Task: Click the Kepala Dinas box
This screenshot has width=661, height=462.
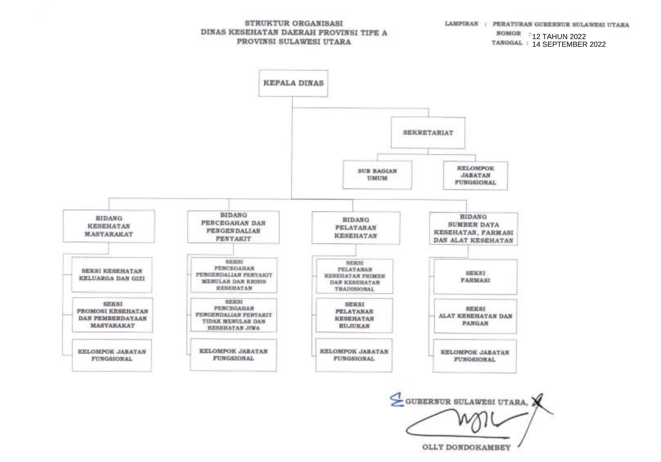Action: click(293, 83)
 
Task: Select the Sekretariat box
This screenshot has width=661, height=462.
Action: click(428, 133)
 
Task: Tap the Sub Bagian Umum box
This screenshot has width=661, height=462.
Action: click(377, 175)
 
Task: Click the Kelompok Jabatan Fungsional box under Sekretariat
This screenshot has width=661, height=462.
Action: click(475, 176)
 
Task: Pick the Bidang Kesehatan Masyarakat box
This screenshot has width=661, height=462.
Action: click(109, 226)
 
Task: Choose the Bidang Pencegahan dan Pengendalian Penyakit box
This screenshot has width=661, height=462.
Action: click(233, 227)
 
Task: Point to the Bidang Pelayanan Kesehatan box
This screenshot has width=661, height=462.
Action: click(356, 228)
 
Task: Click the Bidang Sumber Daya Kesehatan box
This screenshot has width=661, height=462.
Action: click(473, 229)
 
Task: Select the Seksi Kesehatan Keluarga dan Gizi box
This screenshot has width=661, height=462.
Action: click(112, 275)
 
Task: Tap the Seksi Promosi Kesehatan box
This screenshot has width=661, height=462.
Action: click(112, 315)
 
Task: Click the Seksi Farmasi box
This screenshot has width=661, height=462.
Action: click(475, 277)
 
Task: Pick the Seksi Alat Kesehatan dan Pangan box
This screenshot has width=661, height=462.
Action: click(475, 316)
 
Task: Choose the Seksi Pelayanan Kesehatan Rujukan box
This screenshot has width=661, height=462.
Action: click(354, 315)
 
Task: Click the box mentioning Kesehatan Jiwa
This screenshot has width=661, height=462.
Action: click(234, 315)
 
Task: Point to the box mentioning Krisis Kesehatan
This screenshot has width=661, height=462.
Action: click(234, 275)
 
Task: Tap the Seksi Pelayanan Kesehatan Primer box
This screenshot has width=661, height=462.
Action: click(355, 276)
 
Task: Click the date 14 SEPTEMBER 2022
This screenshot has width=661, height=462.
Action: click(569, 44)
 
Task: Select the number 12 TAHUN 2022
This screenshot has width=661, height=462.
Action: click(559, 37)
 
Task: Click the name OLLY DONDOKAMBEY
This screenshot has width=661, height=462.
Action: click(466, 447)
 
